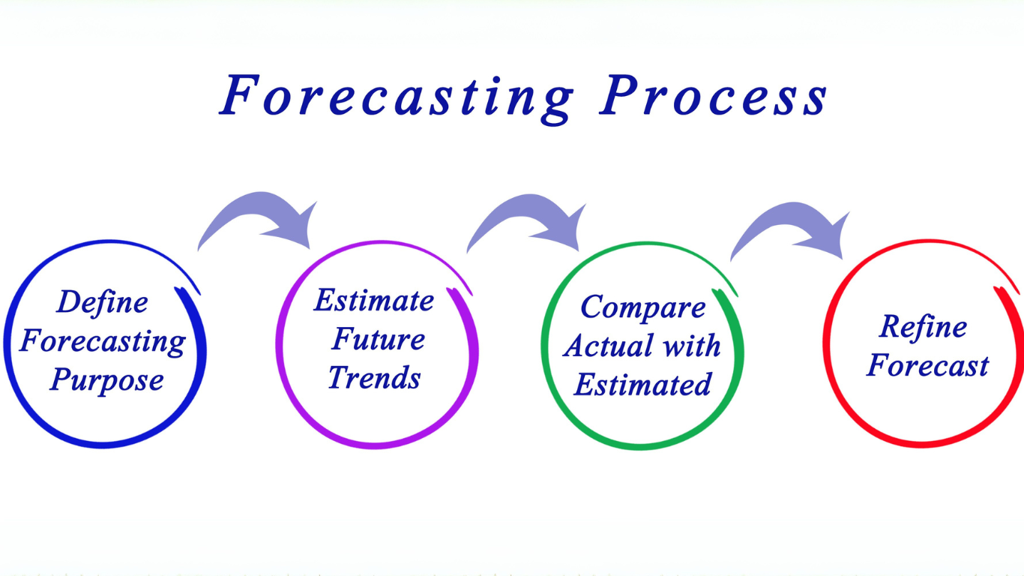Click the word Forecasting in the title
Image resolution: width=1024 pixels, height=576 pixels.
tap(397, 99)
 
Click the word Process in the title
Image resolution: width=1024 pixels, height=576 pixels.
tap(714, 95)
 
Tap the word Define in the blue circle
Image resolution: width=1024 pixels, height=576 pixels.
tap(103, 302)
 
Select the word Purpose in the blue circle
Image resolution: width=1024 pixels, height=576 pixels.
tap(106, 379)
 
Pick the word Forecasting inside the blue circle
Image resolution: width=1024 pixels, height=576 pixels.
tap(103, 341)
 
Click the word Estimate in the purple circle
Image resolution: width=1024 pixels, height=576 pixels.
tap(374, 300)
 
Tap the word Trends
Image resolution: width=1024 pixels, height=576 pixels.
tap(374, 377)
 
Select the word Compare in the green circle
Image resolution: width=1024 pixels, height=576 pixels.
tap(643, 307)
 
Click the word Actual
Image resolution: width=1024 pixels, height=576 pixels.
tap(609, 346)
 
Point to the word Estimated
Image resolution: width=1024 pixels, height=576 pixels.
tap(642, 384)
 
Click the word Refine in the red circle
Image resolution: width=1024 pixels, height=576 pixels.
tap(923, 328)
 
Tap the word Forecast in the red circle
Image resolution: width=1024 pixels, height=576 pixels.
tap(927, 365)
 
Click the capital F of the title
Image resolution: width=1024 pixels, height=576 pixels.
tap(240, 94)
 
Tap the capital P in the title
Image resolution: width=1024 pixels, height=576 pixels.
tap(619, 94)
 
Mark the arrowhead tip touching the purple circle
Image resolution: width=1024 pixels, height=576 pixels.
tap(310, 249)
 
